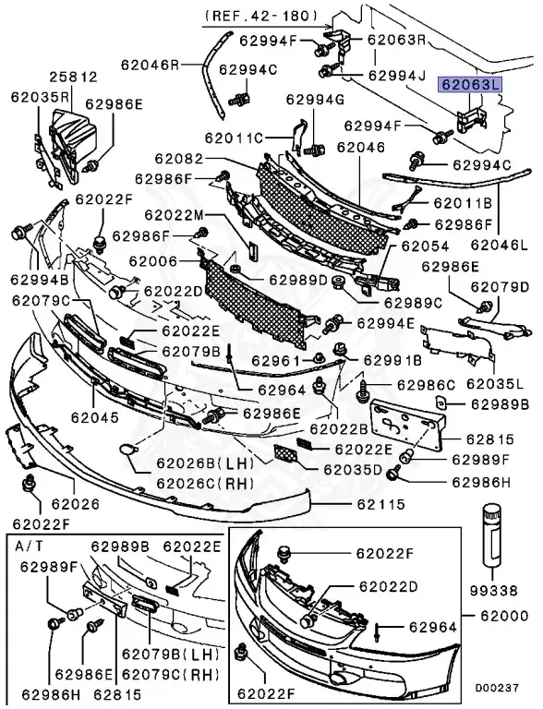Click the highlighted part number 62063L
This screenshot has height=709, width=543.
(x=470, y=85)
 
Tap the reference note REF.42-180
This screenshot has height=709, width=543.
(x=261, y=16)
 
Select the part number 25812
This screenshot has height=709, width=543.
(x=73, y=77)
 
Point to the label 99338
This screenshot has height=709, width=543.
(x=493, y=590)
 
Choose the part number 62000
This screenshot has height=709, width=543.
(x=504, y=616)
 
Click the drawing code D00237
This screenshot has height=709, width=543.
(x=497, y=688)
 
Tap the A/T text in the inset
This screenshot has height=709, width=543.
(x=30, y=546)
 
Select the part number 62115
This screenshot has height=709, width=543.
(x=381, y=504)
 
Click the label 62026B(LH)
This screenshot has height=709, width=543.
(x=205, y=463)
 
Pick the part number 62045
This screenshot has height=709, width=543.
(x=94, y=417)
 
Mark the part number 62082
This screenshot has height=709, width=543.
(x=179, y=159)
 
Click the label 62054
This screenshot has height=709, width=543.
(x=425, y=246)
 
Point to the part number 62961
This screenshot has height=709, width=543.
(x=275, y=360)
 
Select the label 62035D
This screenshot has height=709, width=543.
(x=353, y=469)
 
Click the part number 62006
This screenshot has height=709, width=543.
(x=153, y=261)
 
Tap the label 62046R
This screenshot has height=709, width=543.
(x=151, y=65)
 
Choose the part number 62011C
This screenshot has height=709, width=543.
(x=234, y=137)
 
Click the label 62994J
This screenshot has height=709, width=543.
(x=397, y=75)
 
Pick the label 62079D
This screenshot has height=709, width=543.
(x=500, y=287)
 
